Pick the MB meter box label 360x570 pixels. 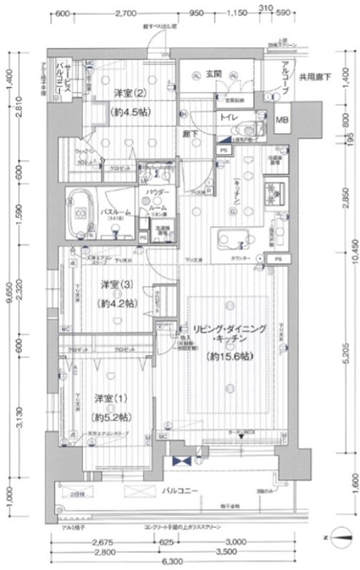tap(282, 119)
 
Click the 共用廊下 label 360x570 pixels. tap(314, 78)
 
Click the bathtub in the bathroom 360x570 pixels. tap(81, 212)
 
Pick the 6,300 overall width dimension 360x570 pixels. tap(170, 562)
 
